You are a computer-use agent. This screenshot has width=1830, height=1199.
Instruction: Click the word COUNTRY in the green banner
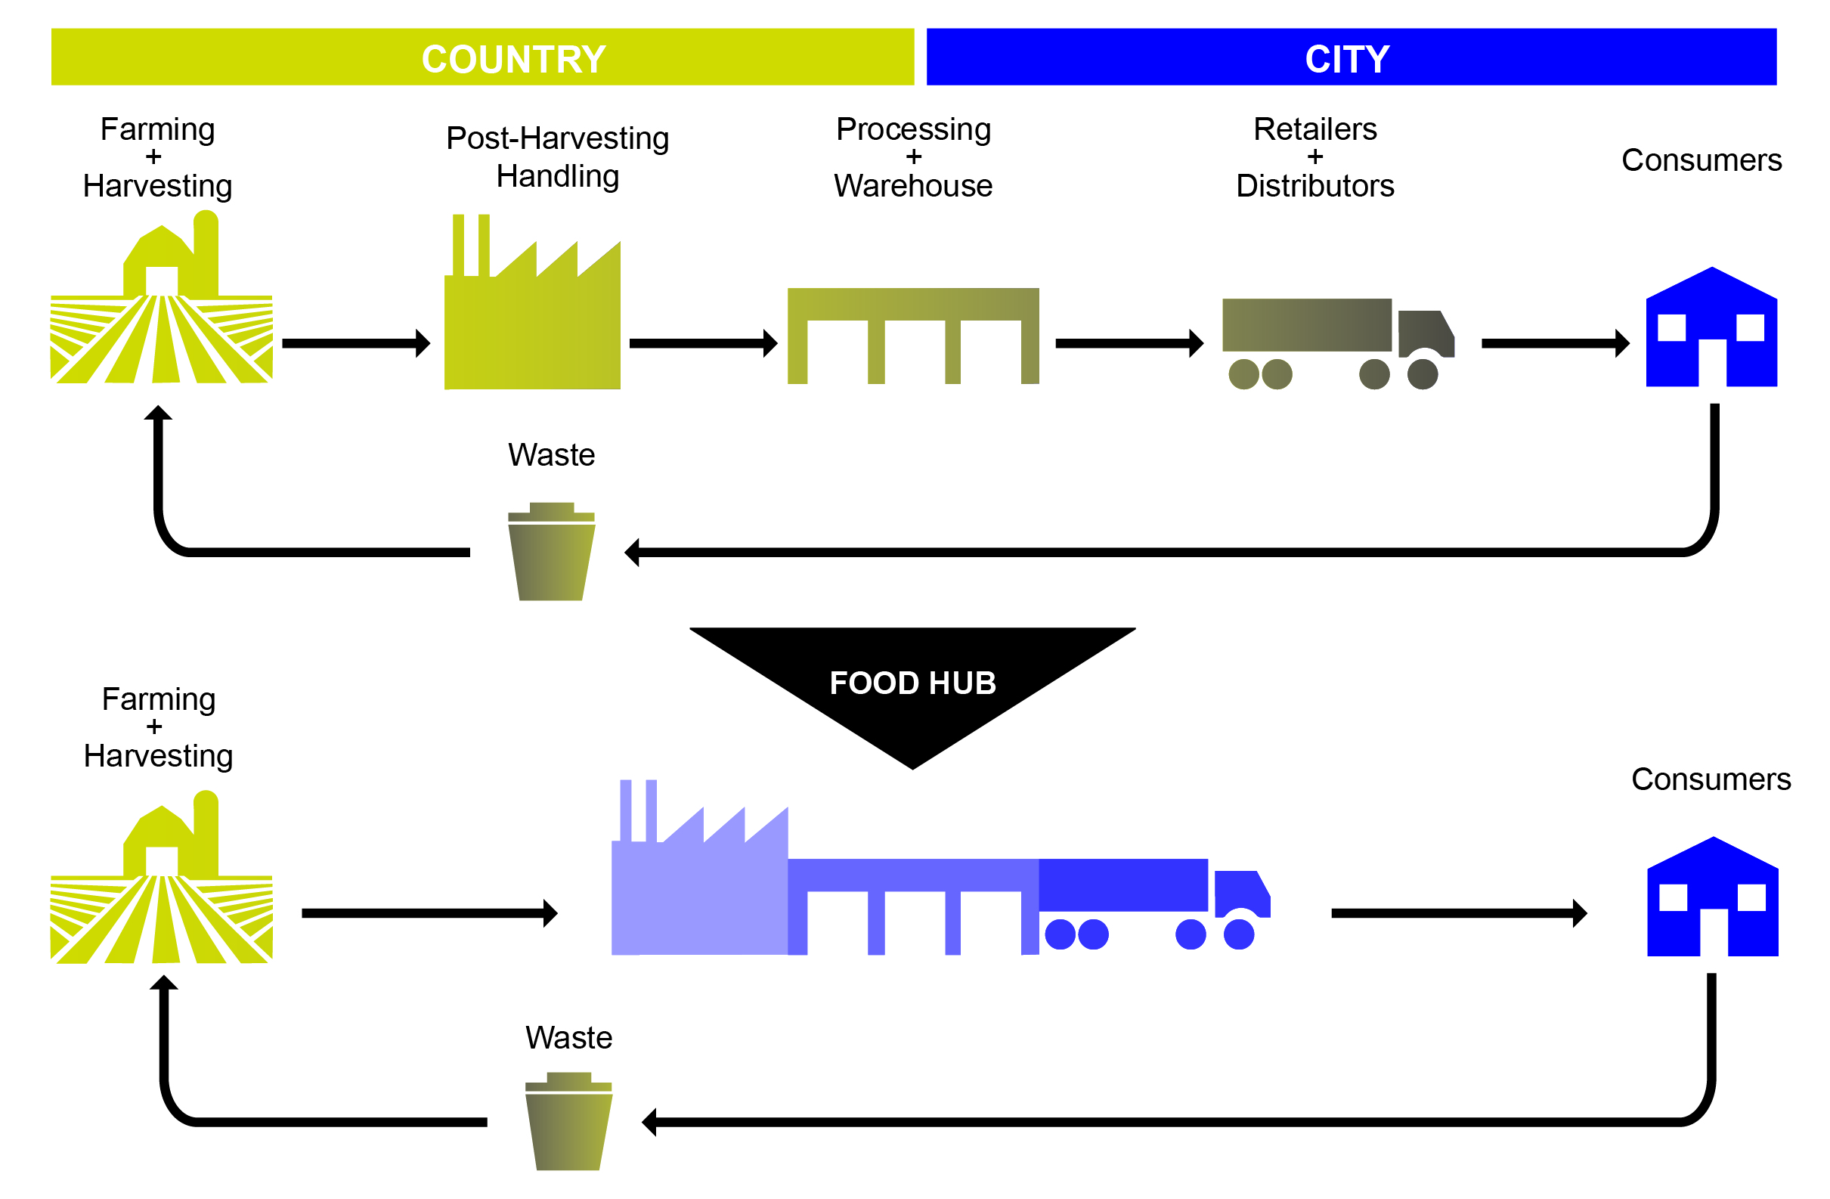(514, 59)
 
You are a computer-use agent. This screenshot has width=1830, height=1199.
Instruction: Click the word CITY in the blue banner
(1346, 59)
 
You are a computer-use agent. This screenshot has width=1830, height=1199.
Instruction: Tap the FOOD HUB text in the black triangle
(912, 683)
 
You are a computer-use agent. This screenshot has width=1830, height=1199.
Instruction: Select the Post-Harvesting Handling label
(557, 157)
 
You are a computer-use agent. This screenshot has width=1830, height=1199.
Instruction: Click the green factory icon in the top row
(532, 323)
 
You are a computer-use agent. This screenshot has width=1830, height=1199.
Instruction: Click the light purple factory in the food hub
(698, 892)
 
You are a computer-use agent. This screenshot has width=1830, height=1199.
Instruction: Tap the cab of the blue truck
(1241, 894)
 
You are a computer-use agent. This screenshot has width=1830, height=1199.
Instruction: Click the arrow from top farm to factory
(355, 343)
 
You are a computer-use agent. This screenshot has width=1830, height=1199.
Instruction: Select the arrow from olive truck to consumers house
(1555, 343)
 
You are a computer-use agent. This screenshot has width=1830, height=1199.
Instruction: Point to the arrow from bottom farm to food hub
(429, 913)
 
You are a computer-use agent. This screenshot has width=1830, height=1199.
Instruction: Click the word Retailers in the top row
(1314, 129)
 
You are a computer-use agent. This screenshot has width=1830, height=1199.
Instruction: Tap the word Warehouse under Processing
(912, 186)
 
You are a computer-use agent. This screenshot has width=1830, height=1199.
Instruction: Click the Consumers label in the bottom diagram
(1711, 779)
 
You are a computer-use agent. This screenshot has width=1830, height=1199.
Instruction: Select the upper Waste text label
(551, 455)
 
